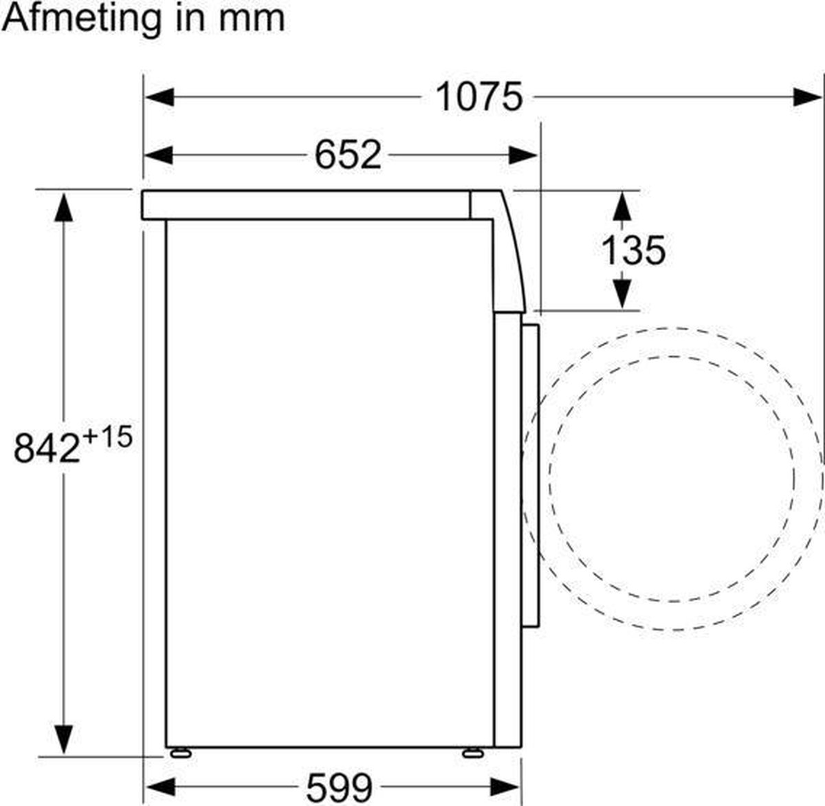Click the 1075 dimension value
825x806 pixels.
(x=478, y=97)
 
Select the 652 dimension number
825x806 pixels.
(x=348, y=155)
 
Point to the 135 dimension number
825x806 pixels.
(x=633, y=250)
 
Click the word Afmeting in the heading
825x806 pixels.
(x=80, y=19)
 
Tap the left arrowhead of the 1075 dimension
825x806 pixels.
(x=159, y=97)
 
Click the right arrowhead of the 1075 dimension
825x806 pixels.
(x=808, y=97)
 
